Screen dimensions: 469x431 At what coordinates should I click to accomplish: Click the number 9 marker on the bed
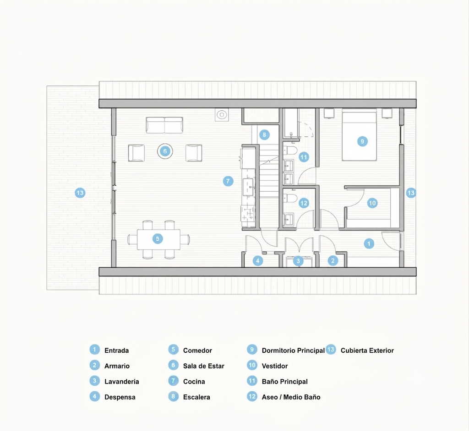[x=362, y=141]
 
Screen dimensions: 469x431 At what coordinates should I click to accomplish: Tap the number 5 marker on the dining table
[x=158, y=238]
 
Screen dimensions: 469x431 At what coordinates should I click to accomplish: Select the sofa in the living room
[x=164, y=124]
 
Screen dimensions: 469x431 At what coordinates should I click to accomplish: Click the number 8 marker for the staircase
[x=264, y=135]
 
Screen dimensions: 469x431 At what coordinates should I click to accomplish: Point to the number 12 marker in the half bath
[x=304, y=203]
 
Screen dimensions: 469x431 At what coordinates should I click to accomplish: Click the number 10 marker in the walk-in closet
[x=372, y=203]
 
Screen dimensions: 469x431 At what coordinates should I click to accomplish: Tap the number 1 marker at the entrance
[x=369, y=243]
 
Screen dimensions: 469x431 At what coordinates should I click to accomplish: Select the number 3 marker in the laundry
[x=298, y=261]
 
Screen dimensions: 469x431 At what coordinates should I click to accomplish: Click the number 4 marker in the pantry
[x=258, y=261]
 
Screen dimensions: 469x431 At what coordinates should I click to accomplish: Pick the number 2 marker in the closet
[x=333, y=261]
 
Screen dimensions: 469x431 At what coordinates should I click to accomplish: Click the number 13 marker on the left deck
[x=80, y=193]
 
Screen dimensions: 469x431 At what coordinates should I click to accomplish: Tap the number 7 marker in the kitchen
[x=228, y=181]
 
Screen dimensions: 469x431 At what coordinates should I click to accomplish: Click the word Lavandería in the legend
[x=122, y=382]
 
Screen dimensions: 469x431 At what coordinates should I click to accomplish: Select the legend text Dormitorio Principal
[x=293, y=350]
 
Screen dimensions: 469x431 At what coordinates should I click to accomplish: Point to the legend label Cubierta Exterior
[x=367, y=350]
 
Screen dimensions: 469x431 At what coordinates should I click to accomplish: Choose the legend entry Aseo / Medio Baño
[x=291, y=397]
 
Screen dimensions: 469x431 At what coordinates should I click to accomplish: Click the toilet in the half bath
[x=289, y=198]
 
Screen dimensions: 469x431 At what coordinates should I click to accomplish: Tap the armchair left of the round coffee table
[x=136, y=153]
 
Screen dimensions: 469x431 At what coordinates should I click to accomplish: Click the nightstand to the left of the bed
[x=329, y=113]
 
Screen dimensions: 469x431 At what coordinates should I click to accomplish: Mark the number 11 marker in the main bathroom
[x=304, y=157]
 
